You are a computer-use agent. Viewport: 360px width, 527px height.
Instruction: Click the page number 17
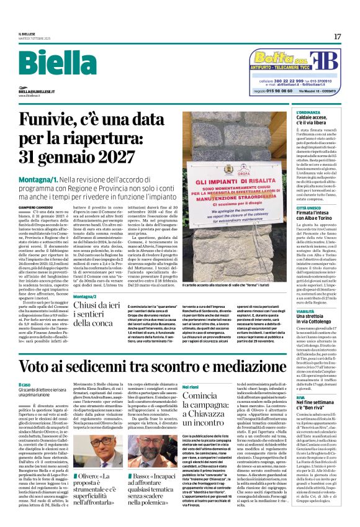click(337, 37)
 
